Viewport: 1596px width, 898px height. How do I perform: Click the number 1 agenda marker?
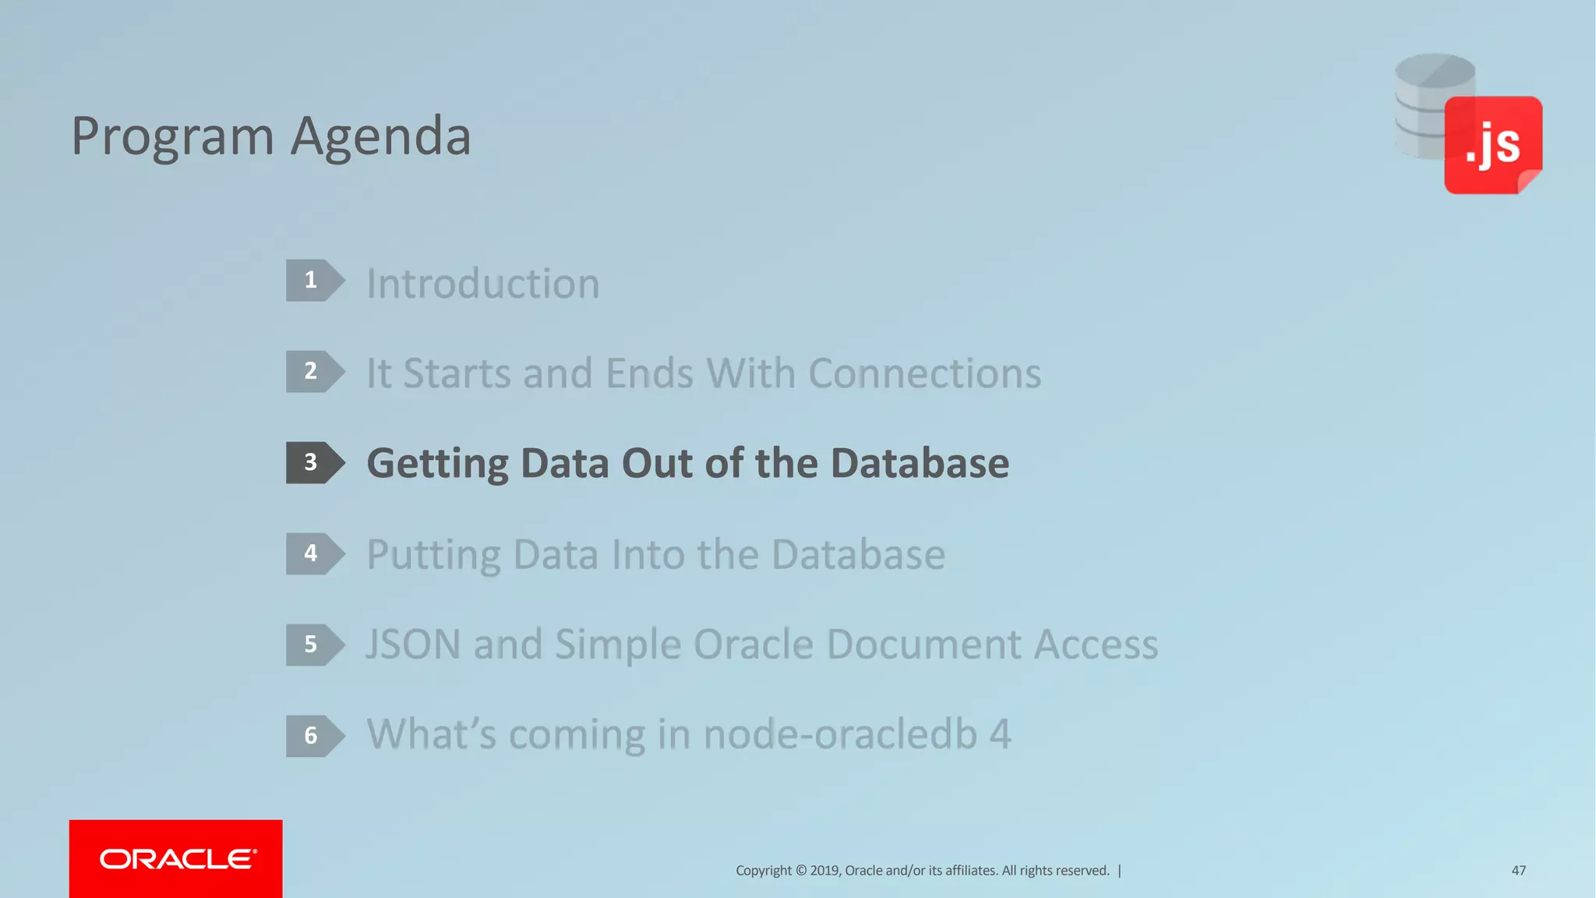tap(314, 281)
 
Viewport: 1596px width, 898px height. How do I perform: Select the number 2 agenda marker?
tap(314, 371)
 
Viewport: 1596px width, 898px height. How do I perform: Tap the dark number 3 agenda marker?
tap(314, 462)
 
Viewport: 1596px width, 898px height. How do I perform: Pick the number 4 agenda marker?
tap(314, 553)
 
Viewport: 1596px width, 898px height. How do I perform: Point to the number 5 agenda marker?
tap(314, 645)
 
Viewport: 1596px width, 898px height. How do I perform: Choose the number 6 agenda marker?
tap(314, 735)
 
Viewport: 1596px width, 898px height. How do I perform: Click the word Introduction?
tap(483, 283)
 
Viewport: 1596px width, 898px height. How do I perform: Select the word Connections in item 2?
tap(924, 373)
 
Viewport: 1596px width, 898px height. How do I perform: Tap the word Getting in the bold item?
tap(437, 464)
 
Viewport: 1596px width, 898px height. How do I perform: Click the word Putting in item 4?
tap(433, 555)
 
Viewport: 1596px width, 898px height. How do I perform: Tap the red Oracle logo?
tap(176, 858)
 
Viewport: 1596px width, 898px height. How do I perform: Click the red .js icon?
tap(1492, 145)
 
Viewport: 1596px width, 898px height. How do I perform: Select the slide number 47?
tap(1518, 870)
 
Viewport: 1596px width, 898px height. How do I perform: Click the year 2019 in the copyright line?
tap(824, 871)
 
